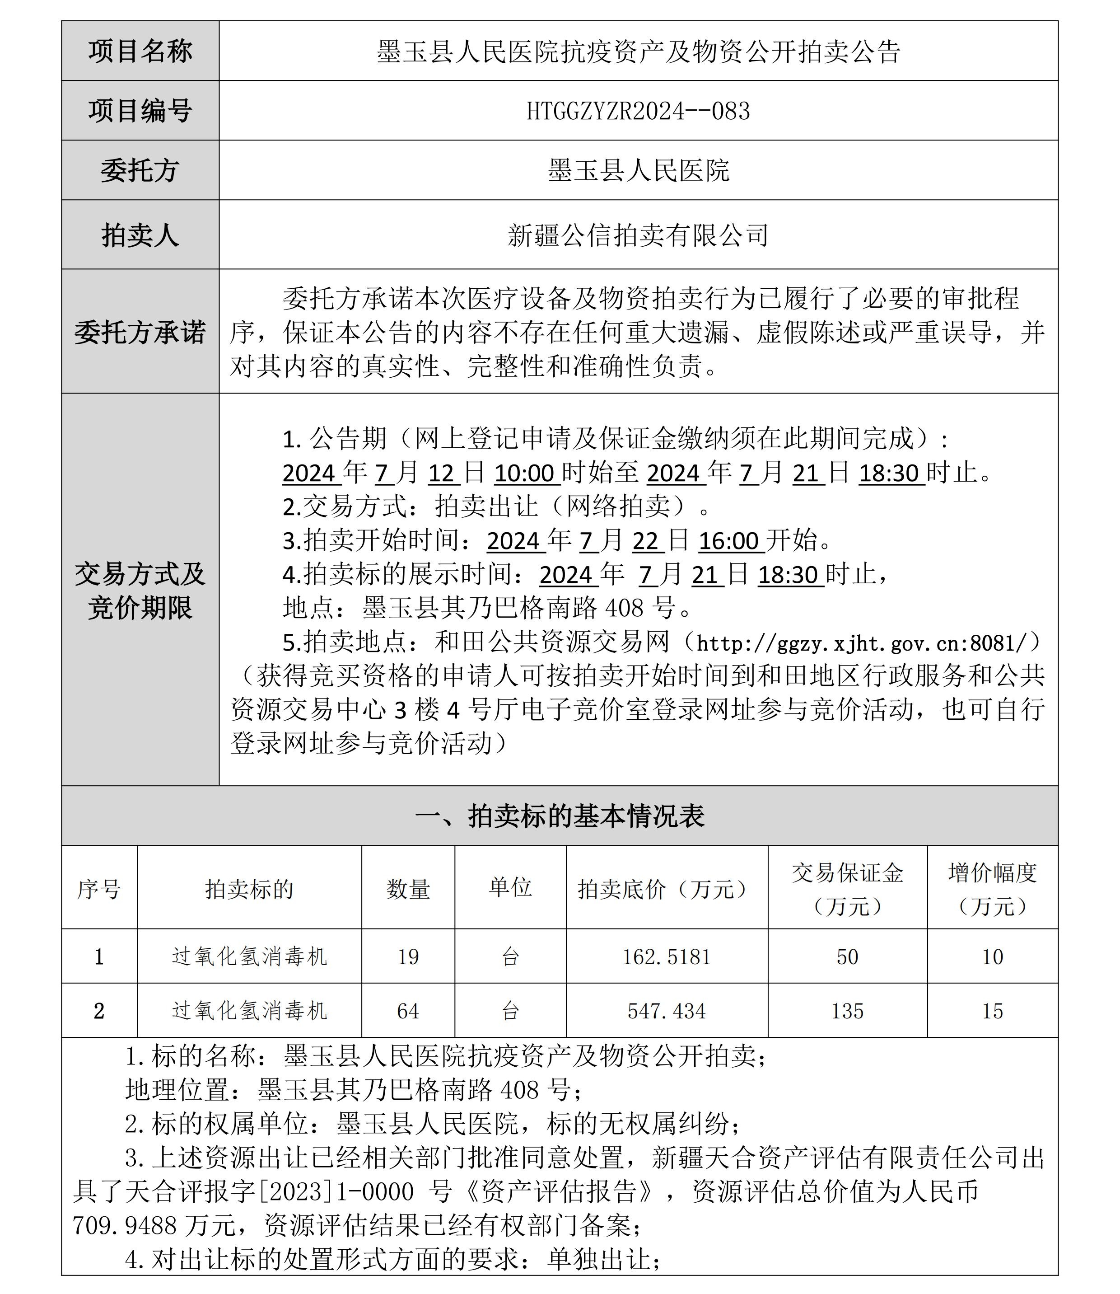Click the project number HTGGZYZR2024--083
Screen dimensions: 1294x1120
(638, 111)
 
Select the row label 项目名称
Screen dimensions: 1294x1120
(140, 51)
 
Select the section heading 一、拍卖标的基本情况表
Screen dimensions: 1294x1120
(560, 816)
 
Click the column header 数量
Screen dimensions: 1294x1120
(408, 889)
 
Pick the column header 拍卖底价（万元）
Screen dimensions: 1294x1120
(666, 889)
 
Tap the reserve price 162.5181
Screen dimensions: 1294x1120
(666, 957)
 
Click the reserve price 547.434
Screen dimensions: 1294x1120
(666, 1012)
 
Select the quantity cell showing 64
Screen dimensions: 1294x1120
(408, 1012)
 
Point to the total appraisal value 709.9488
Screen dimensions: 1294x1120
(125, 1226)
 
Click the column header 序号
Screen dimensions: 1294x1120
(99, 889)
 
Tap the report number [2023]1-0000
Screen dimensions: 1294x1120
(335, 1192)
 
